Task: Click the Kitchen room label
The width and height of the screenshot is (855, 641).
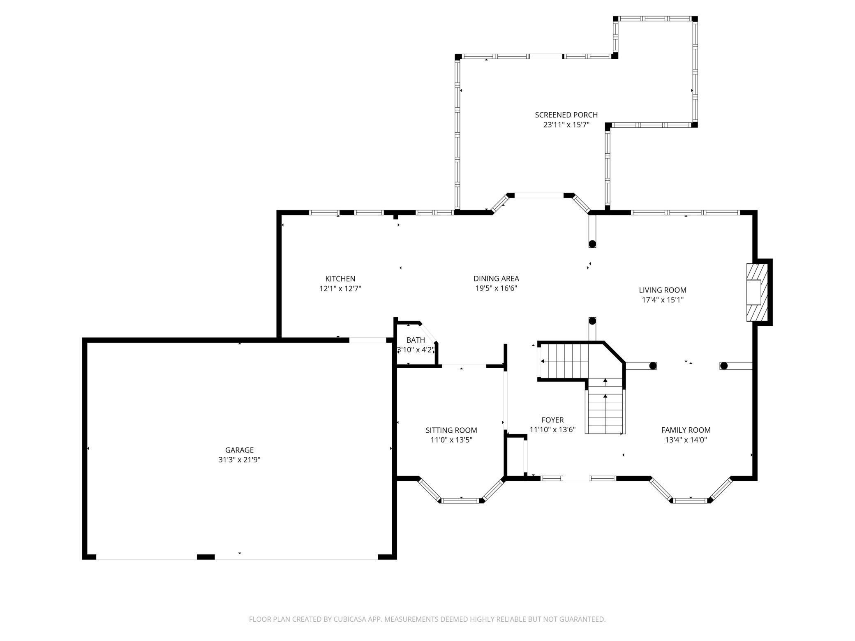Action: pyautogui.click(x=340, y=279)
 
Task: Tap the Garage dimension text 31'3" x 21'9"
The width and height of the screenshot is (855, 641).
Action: pyautogui.click(x=239, y=460)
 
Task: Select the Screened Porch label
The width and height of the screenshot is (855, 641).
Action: pyautogui.click(x=566, y=115)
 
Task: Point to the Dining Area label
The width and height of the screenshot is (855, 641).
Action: pyautogui.click(x=496, y=279)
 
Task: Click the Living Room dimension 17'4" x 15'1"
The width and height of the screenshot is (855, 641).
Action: pyautogui.click(x=663, y=300)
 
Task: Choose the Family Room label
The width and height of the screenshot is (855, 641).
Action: pyautogui.click(x=686, y=430)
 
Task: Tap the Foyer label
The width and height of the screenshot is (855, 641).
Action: pyautogui.click(x=552, y=420)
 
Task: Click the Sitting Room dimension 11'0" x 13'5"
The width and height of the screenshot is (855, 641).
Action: pyautogui.click(x=451, y=440)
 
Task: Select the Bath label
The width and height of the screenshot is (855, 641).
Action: pyautogui.click(x=416, y=340)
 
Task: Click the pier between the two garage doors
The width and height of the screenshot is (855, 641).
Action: pyautogui.click(x=206, y=557)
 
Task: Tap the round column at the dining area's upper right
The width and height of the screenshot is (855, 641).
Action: pyautogui.click(x=592, y=244)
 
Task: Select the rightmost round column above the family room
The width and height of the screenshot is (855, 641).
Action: pyautogui.click(x=724, y=366)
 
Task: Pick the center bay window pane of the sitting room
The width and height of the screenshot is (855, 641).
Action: pyautogui.click(x=461, y=500)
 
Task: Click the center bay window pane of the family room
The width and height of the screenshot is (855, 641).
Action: pyautogui.click(x=691, y=500)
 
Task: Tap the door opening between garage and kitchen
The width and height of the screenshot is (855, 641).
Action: pyautogui.click(x=368, y=340)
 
